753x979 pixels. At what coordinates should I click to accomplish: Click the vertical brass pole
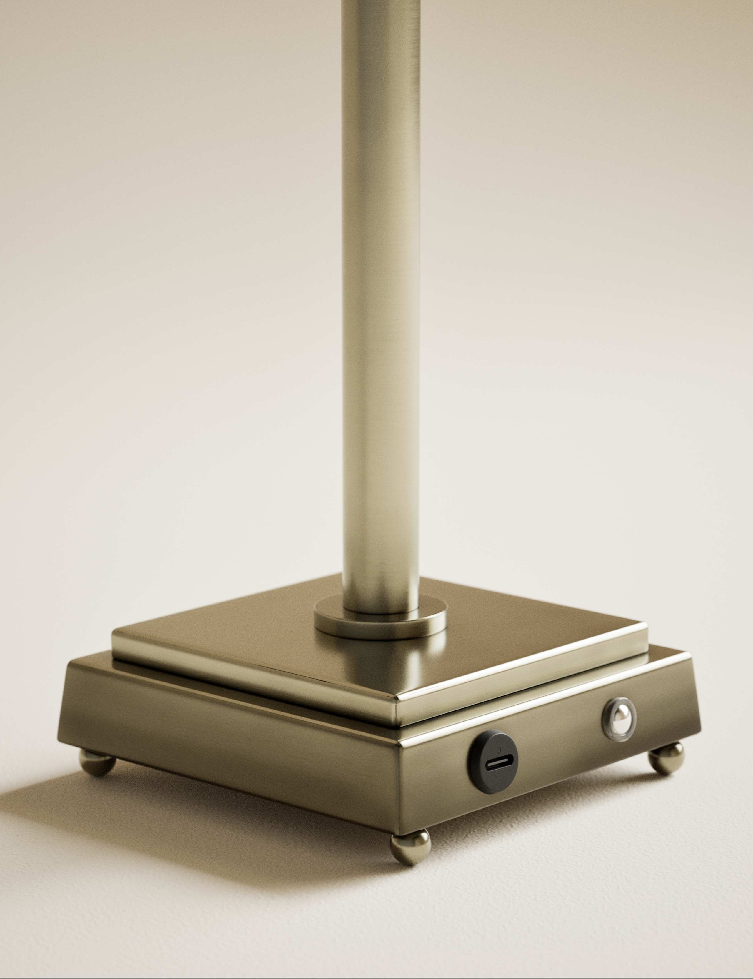(x=381, y=314)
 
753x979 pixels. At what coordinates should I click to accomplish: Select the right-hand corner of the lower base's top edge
(x=690, y=655)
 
